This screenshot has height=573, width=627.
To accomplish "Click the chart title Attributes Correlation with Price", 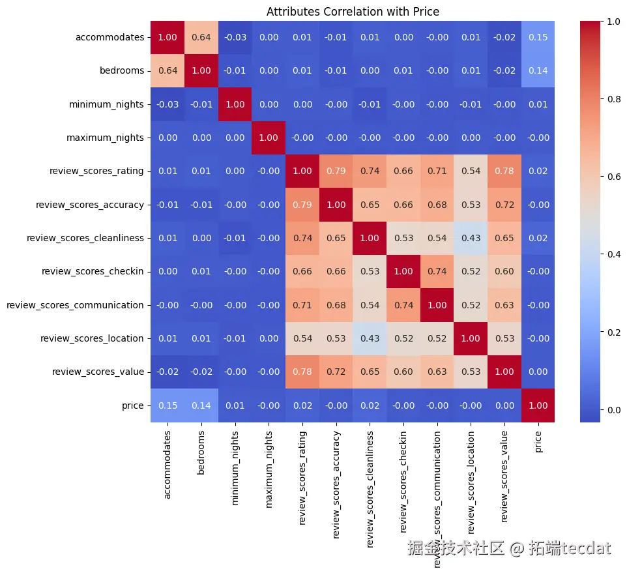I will click(x=353, y=11).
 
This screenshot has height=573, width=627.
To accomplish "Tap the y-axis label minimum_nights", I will click(x=108, y=104).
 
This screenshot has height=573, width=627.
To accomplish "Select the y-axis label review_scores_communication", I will click(x=75, y=304).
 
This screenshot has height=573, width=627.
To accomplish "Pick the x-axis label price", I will click(x=538, y=443).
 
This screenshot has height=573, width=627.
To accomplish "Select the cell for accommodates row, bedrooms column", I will click(x=201, y=37).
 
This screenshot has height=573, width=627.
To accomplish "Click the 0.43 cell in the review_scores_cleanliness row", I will click(x=471, y=238).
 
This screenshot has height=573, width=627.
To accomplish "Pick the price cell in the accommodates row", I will click(x=538, y=37).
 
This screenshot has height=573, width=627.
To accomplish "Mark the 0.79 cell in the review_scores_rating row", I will click(x=336, y=171).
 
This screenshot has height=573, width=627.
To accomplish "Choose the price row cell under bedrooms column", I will click(x=201, y=405).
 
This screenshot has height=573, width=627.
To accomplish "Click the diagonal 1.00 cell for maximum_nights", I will click(x=269, y=138).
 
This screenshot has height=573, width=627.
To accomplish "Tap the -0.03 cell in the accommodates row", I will click(x=235, y=37).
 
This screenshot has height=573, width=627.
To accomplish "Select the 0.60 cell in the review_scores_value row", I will click(x=403, y=372).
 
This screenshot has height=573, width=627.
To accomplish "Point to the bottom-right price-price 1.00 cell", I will click(x=538, y=405).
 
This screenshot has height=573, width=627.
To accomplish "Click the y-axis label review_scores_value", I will click(x=97, y=372).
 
